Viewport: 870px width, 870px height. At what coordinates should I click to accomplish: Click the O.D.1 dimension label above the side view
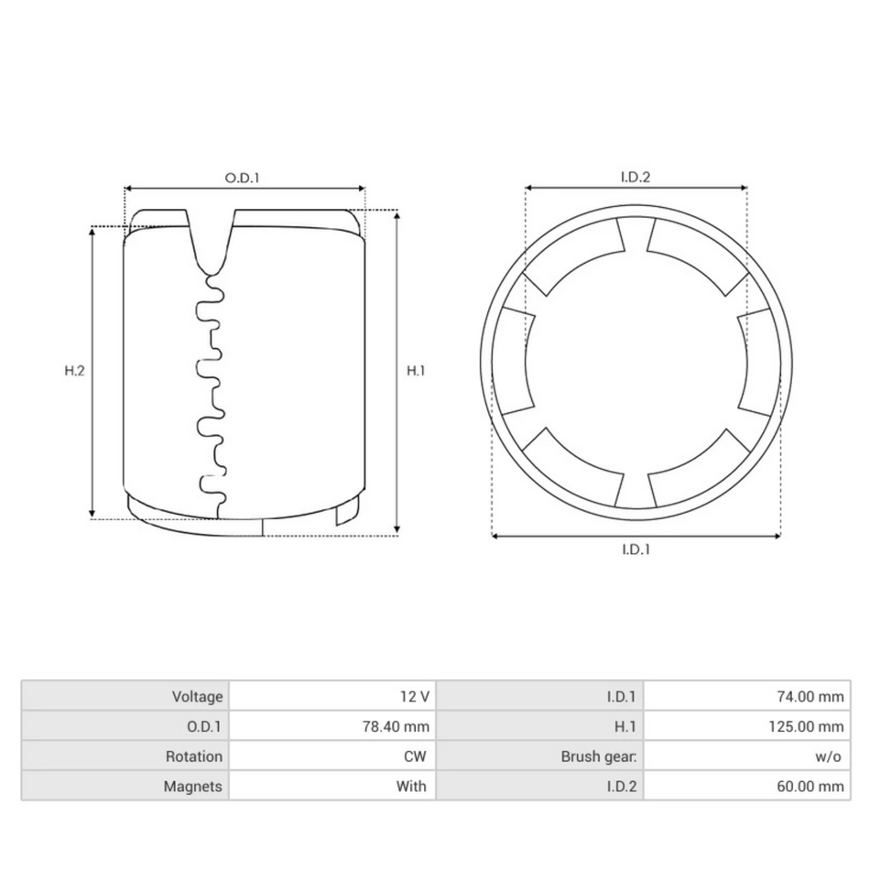[x=243, y=178]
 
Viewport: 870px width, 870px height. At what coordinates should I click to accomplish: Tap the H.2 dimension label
[x=74, y=371]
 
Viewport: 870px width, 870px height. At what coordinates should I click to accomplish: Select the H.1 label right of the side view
[x=416, y=371]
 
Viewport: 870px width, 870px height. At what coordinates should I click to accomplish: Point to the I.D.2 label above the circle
[x=635, y=178]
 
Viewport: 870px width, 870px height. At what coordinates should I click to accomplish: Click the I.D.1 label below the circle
[x=636, y=549]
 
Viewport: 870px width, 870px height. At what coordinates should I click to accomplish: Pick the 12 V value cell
[x=414, y=697]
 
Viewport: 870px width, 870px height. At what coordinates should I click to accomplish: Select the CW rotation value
[x=416, y=756]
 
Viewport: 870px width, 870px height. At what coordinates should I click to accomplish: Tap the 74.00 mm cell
[x=805, y=697]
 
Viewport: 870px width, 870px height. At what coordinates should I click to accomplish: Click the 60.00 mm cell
[x=805, y=786]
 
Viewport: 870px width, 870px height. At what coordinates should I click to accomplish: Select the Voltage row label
[x=197, y=697]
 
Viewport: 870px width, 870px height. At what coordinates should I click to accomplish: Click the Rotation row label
[x=193, y=756]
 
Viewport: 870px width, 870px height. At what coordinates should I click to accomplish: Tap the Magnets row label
[x=192, y=786]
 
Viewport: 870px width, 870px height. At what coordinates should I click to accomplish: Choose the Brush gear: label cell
[x=598, y=756]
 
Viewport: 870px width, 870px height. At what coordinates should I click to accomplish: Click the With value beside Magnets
[x=411, y=786]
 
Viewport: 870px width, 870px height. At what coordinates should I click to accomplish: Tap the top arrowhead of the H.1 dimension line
[x=397, y=214]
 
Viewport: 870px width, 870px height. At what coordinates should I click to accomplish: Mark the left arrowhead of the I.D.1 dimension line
[x=496, y=536]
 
